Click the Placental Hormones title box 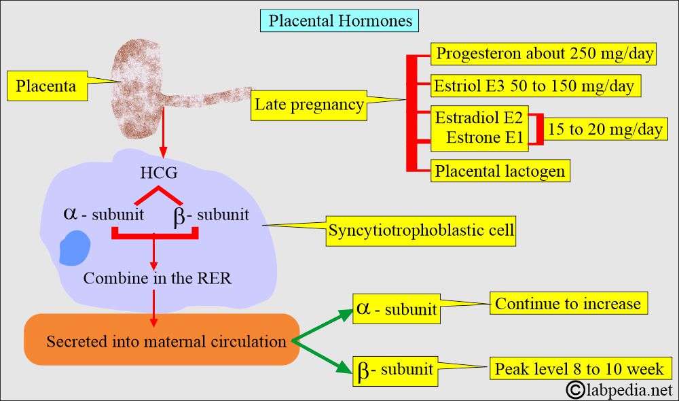(x=340, y=20)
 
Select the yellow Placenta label (x=46, y=86)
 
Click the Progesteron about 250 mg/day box (x=544, y=54)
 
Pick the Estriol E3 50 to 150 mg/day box (x=535, y=86)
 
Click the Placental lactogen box (x=500, y=171)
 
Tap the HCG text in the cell (x=159, y=173)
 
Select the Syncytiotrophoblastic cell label (x=421, y=231)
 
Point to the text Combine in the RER (x=158, y=278)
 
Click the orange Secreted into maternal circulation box (x=162, y=341)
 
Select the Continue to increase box (x=568, y=303)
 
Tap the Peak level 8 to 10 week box (x=579, y=369)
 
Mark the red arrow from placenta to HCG (x=163, y=145)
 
